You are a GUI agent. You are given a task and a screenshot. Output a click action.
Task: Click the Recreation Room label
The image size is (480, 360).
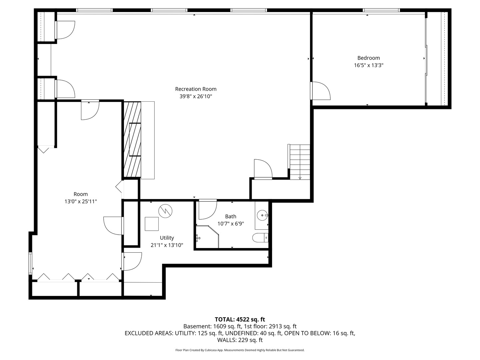point(196,89)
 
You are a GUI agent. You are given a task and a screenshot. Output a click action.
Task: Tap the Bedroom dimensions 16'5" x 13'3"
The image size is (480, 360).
point(368,65)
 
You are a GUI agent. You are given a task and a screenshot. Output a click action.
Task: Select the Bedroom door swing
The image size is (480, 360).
point(320,91)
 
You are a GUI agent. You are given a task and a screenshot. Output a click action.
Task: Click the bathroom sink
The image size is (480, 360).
point(263,215)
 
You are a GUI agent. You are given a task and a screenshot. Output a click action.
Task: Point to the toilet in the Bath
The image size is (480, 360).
point(259,238)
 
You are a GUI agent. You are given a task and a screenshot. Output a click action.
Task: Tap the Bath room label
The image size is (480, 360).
point(230,216)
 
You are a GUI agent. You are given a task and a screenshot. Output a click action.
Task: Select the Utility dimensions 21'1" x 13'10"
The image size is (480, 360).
point(167,245)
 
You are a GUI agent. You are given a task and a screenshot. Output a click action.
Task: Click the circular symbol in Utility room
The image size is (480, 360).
point(165,211)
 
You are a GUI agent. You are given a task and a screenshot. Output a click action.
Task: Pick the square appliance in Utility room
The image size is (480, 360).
point(152,224)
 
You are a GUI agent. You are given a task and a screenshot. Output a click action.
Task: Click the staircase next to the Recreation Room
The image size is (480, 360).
point(300,161)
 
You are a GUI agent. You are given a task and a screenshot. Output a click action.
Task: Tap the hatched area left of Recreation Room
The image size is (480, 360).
point(132,139)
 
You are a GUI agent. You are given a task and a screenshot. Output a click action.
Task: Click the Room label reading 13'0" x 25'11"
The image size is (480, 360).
point(81,201)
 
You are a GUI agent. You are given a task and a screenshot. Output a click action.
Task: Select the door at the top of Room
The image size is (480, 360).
point(90,110)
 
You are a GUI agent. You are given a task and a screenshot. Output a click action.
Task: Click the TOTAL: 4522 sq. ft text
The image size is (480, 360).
point(240,319)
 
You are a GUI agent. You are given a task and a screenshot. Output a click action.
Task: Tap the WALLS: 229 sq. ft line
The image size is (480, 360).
point(240,340)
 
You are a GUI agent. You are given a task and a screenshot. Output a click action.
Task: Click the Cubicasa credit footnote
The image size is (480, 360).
point(240,350)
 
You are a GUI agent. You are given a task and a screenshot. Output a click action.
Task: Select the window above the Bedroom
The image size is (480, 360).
point(381,10)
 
